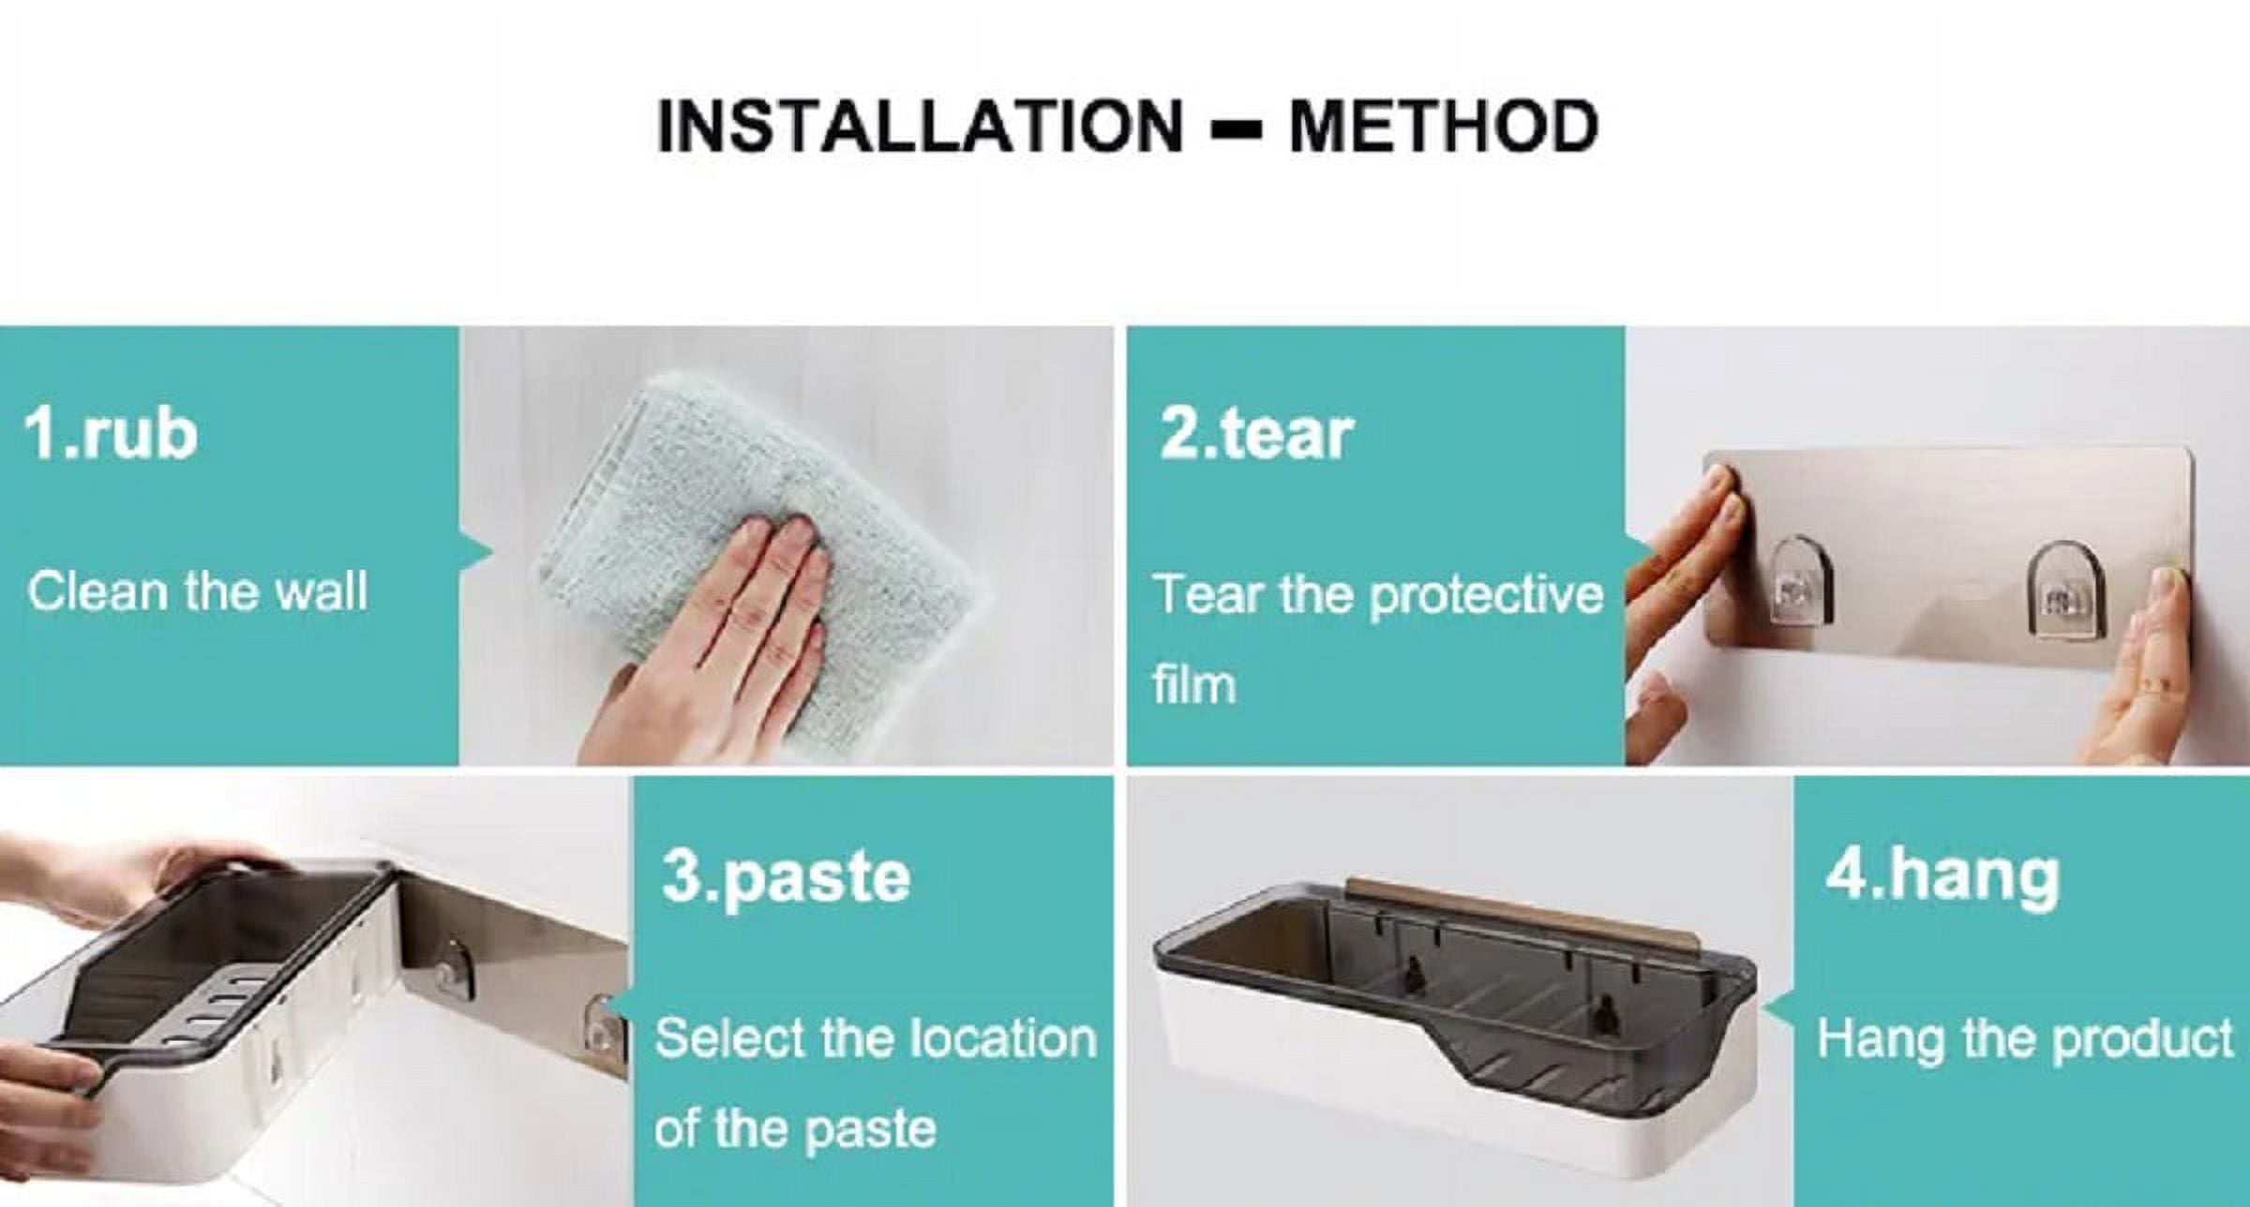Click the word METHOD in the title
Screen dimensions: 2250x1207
1444,126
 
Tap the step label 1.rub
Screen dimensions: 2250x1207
111,434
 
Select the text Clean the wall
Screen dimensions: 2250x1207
197,592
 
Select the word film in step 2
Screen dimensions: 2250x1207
1194,683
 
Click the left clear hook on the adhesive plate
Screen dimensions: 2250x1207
1802,579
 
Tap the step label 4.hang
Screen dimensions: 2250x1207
1942,876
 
